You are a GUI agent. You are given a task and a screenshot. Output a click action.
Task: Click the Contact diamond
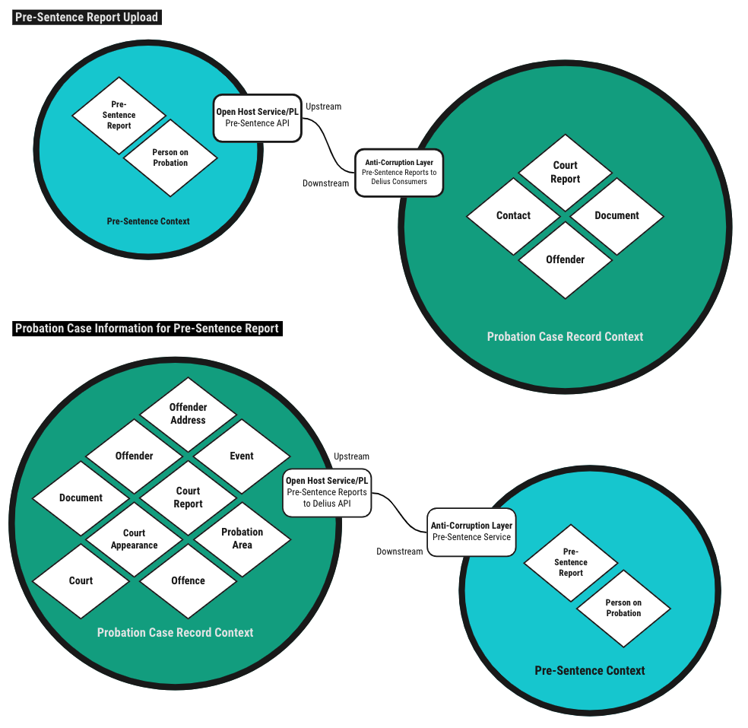pyautogui.click(x=513, y=216)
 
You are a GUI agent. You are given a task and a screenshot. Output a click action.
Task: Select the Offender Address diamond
pyautogui.click(x=188, y=414)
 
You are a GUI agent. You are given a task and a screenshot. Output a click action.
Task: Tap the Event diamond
pyautogui.click(x=242, y=456)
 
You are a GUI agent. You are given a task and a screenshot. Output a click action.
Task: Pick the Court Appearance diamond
pyautogui.click(x=134, y=539)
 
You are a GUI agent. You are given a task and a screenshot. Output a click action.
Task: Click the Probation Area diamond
pyautogui.click(x=242, y=539)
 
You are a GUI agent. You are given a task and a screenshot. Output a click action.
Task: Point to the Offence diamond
pyautogui.click(x=188, y=581)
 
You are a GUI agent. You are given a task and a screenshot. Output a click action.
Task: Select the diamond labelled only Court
pyautogui.click(x=81, y=581)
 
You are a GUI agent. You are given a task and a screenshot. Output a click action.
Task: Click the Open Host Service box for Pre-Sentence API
pyautogui.click(x=258, y=118)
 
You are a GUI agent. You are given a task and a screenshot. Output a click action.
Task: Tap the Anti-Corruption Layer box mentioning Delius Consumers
pyautogui.click(x=399, y=173)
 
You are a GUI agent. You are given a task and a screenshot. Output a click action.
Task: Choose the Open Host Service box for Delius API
pyautogui.click(x=327, y=493)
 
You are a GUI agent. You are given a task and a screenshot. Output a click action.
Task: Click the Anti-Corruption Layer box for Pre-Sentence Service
pyautogui.click(x=471, y=532)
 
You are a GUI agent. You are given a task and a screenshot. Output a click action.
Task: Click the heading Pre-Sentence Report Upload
pyautogui.click(x=87, y=17)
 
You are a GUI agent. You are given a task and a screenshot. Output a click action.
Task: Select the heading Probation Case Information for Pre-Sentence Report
pyautogui.click(x=147, y=329)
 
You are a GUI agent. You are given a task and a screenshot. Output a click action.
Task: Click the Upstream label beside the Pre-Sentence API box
pyautogui.click(x=323, y=106)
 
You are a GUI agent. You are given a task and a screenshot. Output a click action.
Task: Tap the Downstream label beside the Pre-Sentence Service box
pyautogui.click(x=400, y=552)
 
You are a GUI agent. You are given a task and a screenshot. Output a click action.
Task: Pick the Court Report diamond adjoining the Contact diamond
pyautogui.click(x=566, y=173)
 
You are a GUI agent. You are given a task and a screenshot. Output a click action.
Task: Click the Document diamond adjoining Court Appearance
pyautogui.click(x=81, y=498)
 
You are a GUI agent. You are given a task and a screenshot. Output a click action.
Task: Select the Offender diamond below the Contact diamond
pyautogui.click(x=566, y=260)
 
